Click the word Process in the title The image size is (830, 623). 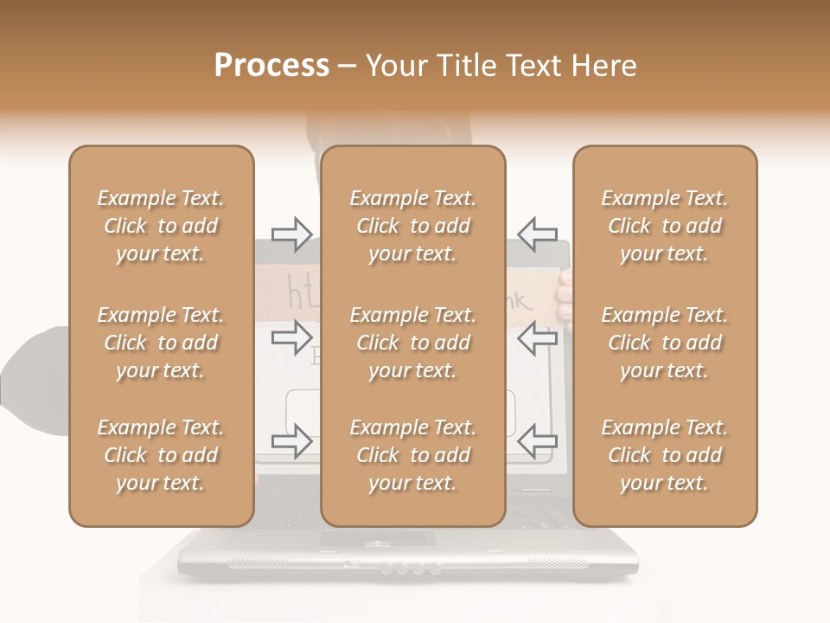(x=271, y=65)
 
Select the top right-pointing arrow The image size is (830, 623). (x=292, y=234)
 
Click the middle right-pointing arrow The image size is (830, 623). (x=292, y=337)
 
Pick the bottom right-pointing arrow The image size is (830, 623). (x=292, y=441)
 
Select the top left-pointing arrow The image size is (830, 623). (x=537, y=234)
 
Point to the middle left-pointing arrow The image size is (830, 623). (x=537, y=337)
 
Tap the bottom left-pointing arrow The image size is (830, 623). (x=537, y=441)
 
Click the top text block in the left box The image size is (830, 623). (x=161, y=226)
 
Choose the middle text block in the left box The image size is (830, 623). (x=161, y=343)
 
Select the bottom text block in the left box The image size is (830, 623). (x=161, y=455)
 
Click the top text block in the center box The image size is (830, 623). (x=412, y=226)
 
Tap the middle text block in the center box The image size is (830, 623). (x=412, y=343)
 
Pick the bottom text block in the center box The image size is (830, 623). (x=412, y=455)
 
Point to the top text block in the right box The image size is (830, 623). (x=664, y=226)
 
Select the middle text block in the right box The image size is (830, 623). (x=664, y=343)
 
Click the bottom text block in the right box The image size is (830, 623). (x=664, y=455)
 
